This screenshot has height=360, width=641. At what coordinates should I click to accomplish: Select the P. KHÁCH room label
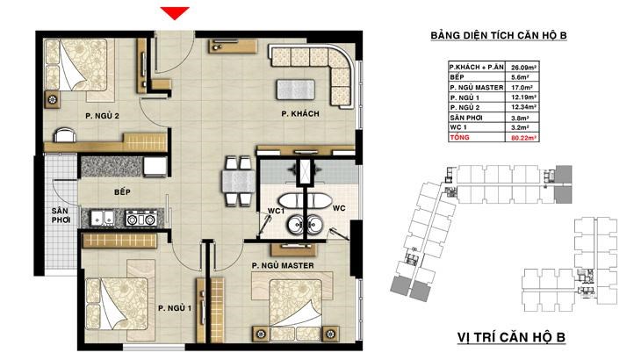tap(299, 115)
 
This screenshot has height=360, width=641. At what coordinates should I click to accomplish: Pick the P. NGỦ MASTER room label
tap(283, 264)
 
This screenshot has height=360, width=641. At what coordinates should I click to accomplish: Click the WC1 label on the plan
tap(274, 212)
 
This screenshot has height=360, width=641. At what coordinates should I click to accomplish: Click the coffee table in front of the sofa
tap(296, 89)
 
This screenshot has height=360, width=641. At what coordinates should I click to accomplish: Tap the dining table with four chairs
tap(234, 180)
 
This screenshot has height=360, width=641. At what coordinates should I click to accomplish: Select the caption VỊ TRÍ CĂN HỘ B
tap(510, 336)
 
